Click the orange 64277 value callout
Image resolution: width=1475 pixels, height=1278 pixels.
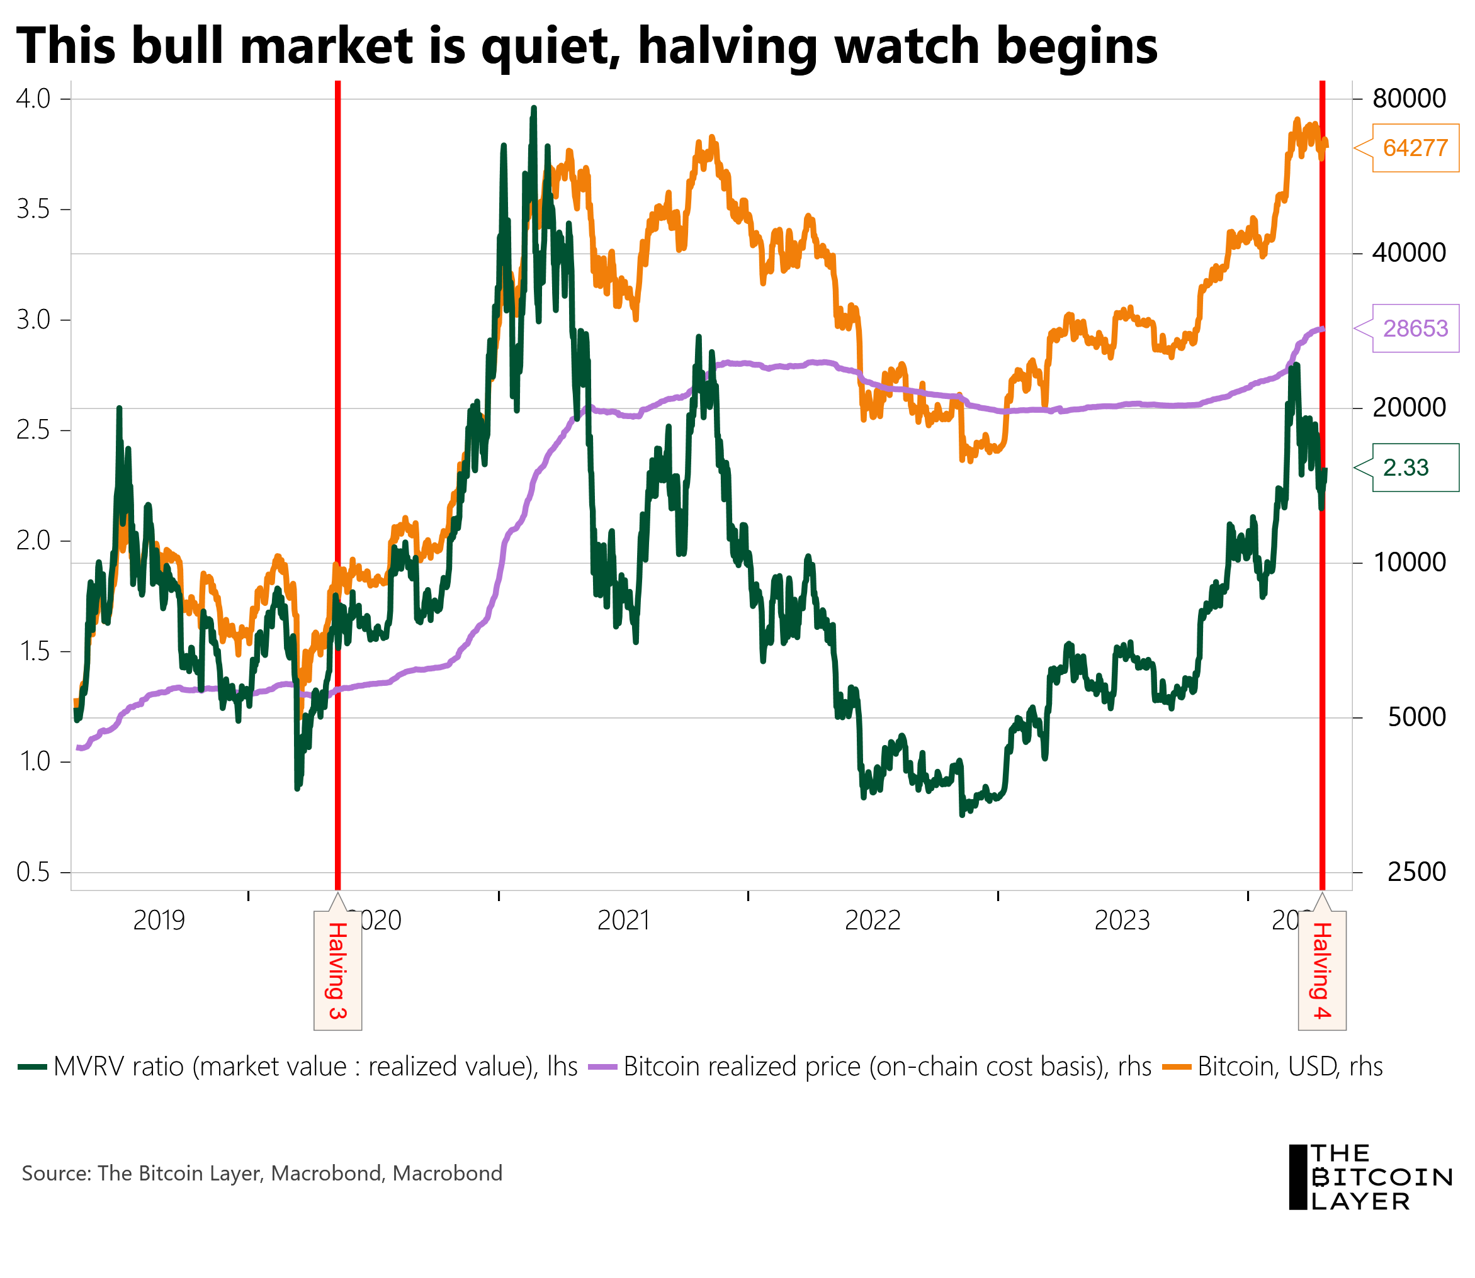(x=1415, y=148)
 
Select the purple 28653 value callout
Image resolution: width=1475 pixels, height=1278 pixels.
(x=1415, y=328)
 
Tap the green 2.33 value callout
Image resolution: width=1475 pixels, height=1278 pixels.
(x=1415, y=467)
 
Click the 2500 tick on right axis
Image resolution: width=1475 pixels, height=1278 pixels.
(x=1416, y=872)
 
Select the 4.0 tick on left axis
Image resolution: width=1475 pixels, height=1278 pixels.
(x=33, y=98)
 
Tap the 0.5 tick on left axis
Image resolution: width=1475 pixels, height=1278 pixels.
(x=33, y=872)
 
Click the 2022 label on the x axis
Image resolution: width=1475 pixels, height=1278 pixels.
(x=872, y=921)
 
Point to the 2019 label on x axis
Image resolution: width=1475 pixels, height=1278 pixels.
(x=159, y=921)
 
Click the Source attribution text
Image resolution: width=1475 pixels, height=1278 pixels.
(x=262, y=1173)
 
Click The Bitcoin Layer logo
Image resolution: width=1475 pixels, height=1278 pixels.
(x=1369, y=1177)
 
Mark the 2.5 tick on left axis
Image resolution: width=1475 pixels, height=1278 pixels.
(x=33, y=430)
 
